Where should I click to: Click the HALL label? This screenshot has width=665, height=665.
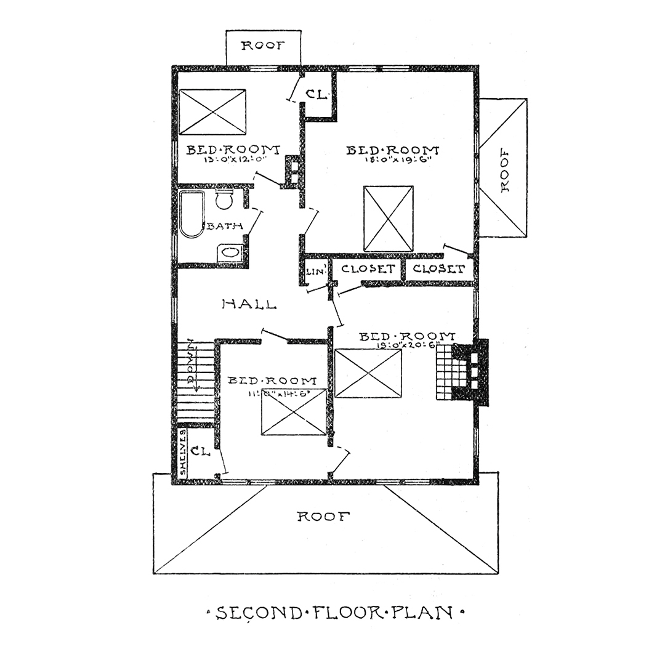pyautogui.click(x=249, y=304)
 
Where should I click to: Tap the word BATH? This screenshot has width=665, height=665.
pyautogui.click(x=224, y=226)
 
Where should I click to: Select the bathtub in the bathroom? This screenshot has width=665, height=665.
pyautogui.click(x=191, y=214)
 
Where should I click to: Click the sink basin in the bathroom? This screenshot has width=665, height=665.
pyautogui.click(x=230, y=252)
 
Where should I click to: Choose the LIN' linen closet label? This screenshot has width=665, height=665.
pyautogui.click(x=311, y=271)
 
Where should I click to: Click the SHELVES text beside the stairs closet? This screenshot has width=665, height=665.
pyautogui.click(x=183, y=453)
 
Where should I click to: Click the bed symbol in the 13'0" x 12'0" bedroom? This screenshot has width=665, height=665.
pyautogui.click(x=212, y=111)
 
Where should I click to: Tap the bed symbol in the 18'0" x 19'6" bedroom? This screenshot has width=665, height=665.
pyautogui.click(x=388, y=219)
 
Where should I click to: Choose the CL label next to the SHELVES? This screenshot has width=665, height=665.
pyautogui.click(x=201, y=451)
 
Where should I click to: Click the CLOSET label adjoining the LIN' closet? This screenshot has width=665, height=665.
pyautogui.click(x=367, y=269)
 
